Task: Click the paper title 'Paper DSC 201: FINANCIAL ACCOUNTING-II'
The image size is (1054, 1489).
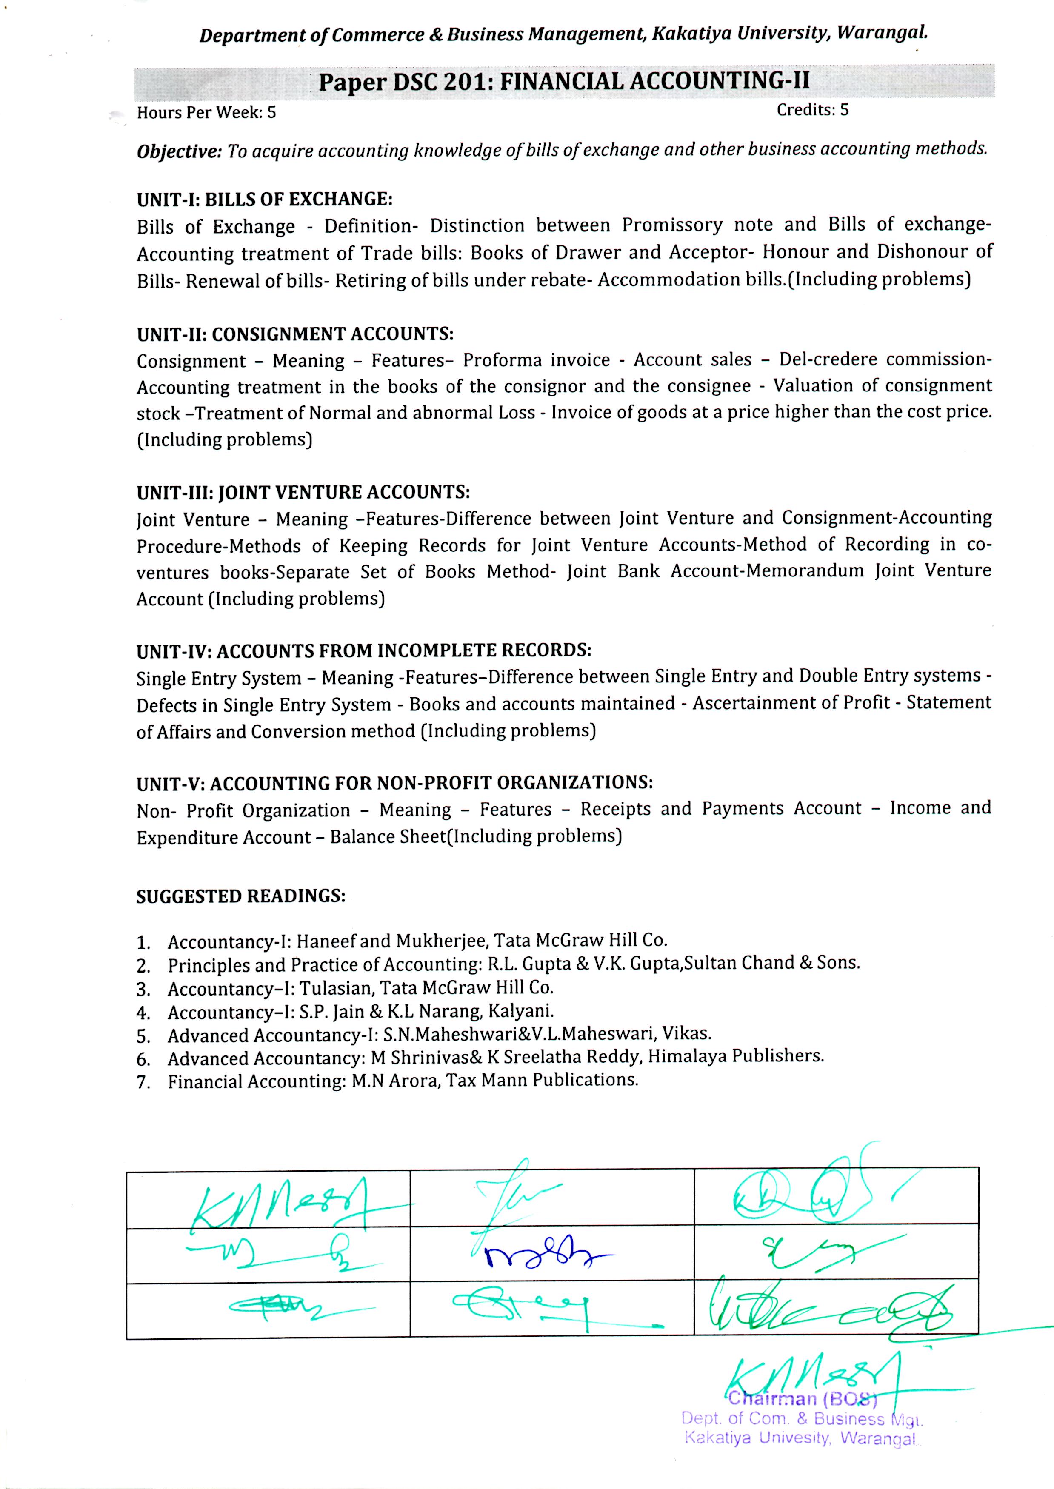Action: point(563,82)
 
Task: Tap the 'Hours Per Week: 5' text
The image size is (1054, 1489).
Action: point(206,112)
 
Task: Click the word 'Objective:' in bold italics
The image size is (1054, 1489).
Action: point(179,152)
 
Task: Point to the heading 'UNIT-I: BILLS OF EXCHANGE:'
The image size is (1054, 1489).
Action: point(265,199)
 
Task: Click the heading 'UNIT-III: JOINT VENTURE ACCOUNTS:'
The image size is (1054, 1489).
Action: point(303,493)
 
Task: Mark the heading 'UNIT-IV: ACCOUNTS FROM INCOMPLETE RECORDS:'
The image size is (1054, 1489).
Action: point(363,651)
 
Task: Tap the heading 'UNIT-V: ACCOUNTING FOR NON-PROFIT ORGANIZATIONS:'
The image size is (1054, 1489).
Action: point(394,783)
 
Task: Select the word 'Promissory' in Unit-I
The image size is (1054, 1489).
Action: point(672,225)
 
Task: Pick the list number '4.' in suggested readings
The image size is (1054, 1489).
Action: point(143,1013)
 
